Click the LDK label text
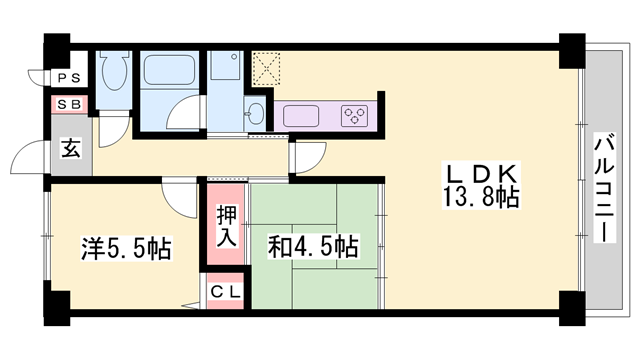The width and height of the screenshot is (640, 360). (480, 171)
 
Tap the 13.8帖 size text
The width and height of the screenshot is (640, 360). (480, 197)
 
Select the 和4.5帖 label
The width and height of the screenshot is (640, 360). (313, 245)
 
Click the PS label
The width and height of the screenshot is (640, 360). (69, 77)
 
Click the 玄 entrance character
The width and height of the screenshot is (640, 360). (72, 149)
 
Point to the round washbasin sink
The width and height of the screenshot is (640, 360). (254, 112)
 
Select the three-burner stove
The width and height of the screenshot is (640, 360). (355, 115)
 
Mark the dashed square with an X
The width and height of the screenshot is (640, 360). (267, 68)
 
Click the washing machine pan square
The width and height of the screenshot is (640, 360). (224, 68)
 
